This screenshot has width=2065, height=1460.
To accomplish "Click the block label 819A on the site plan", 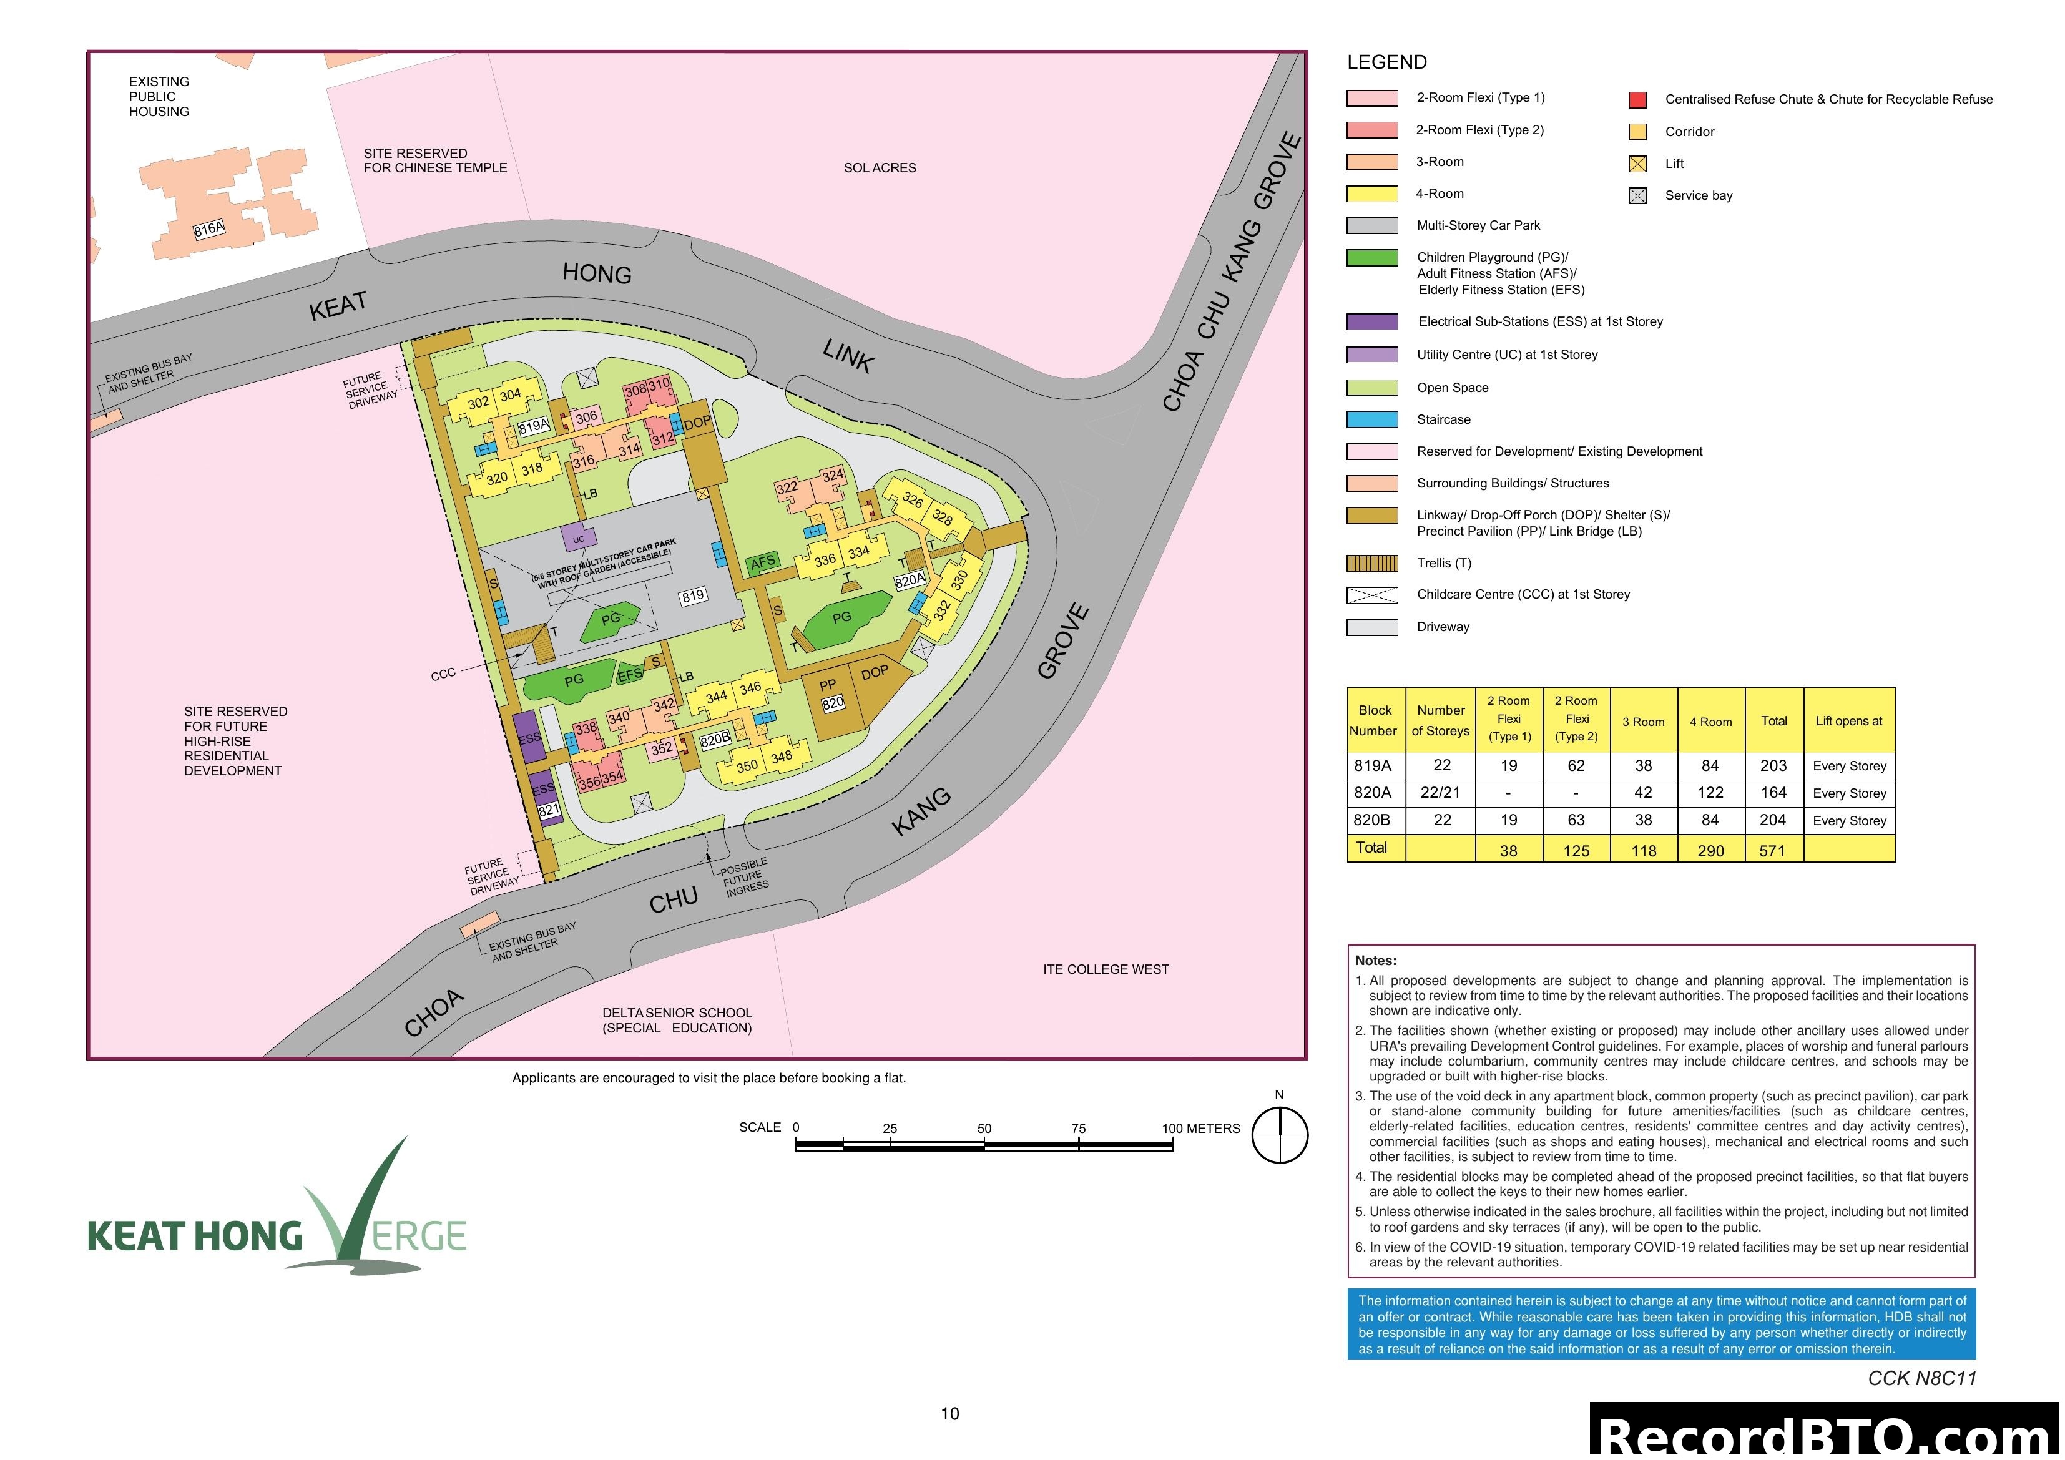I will coord(533,426).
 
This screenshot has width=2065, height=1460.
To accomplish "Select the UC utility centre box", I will coord(578,539).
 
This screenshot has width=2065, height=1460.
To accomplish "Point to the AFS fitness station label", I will coord(763,562).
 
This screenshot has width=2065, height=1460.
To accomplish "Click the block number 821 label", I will coord(549,810).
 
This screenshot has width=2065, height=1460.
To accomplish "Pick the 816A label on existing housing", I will coord(208,229).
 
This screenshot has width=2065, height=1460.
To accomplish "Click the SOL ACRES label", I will coord(880,168).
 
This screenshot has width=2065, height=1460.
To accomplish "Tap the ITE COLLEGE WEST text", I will coord(1106,969).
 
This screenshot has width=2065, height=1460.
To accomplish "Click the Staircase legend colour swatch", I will coord(1371,419).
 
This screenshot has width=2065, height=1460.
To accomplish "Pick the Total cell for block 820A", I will coord(1773,793).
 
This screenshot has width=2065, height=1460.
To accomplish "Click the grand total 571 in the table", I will coord(1772,850).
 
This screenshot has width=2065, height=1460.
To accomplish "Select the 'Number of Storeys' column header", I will coord(1441,720).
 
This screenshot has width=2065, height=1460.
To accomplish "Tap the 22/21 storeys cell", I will coord(1440,793).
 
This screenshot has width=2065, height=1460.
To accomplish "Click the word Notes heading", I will coord(1375,961).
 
